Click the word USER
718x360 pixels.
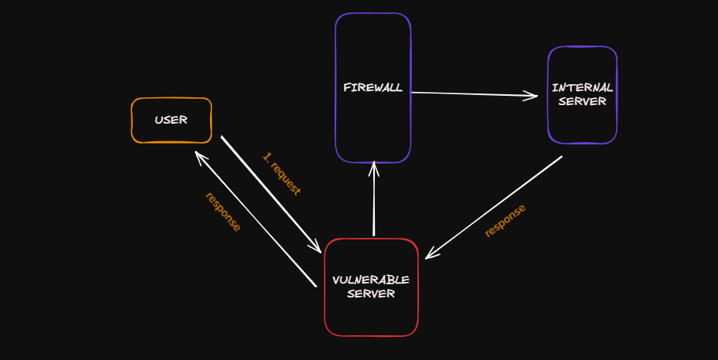click(x=171, y=120)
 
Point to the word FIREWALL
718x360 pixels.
click(x=373, y=87)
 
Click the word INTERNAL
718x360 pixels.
click(x=583, y=87)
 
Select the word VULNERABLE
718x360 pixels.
click(x=371, y=279)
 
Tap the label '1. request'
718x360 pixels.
click(x=281, y=174)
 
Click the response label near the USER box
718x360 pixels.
click(x=223, y=211)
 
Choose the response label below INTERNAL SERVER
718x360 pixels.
click(x=505, y=220)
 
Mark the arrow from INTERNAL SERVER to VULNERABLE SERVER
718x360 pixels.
click(x=495, y=207)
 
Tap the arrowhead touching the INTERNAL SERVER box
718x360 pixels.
click(x=533, y=96)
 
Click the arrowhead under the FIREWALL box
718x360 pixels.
click(x=373, y=166)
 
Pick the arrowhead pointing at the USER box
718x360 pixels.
click(x=199, y=156)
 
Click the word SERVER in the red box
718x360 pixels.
click(x=371, y=294)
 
